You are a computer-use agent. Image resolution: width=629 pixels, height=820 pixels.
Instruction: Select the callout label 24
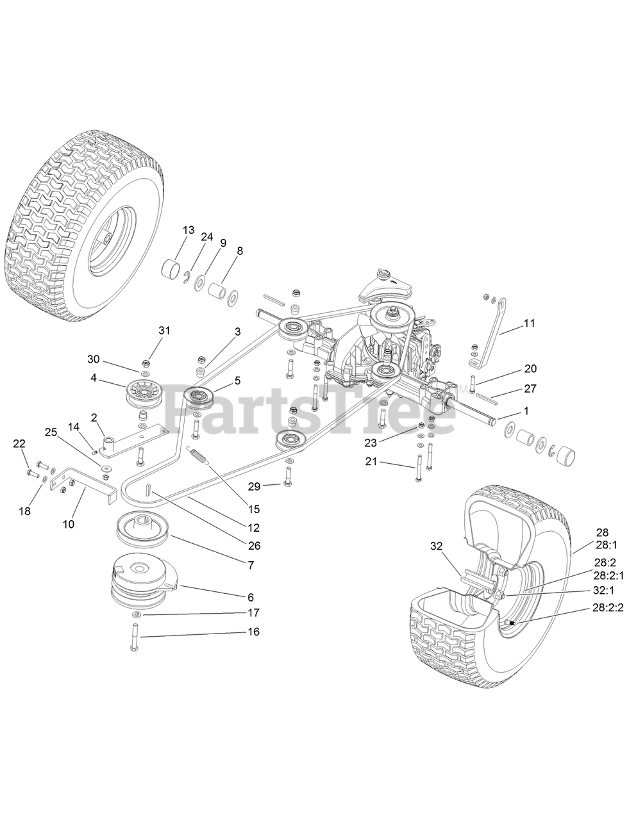click(206, 236)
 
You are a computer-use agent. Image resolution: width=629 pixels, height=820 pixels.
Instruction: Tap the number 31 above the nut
click(165, 330)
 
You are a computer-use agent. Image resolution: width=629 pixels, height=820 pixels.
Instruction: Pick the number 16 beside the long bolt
click(254, 632)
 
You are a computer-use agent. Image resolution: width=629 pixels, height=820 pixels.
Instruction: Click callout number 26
click(255, 546)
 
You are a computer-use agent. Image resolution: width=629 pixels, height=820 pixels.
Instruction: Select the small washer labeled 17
click(136, 615)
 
